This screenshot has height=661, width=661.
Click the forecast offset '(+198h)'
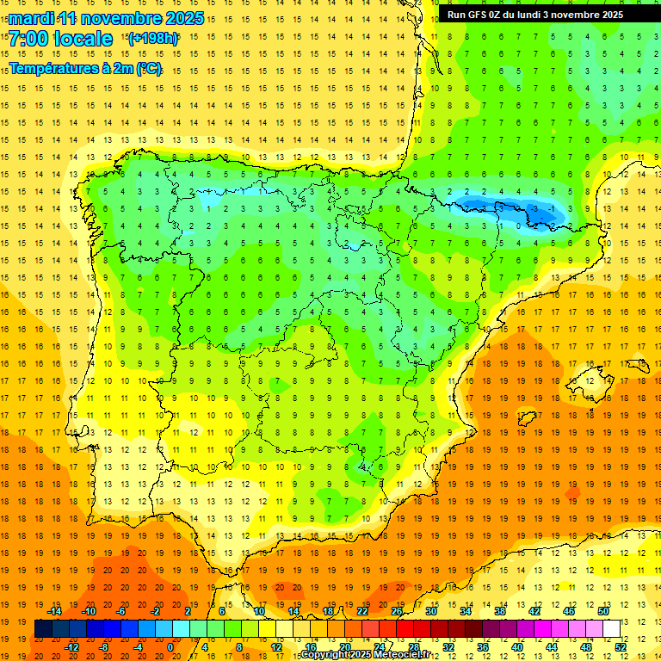point(152,39)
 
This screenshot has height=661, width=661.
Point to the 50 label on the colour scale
point(602,611)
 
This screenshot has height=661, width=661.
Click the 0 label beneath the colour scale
point(170,646)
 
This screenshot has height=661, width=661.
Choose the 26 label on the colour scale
point(397,611)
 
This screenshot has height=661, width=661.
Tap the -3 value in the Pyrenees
point(535,209)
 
